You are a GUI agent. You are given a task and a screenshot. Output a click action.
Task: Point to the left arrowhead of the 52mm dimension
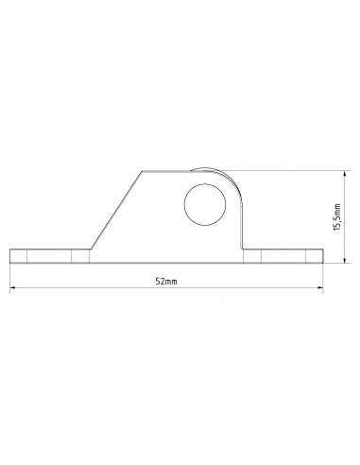coord(12,290)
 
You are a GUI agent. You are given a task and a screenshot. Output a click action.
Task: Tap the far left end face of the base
coord(10,257)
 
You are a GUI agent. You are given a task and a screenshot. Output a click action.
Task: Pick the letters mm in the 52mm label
coord(171,283)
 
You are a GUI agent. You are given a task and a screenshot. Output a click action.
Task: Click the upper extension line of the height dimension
coord(283,170)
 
